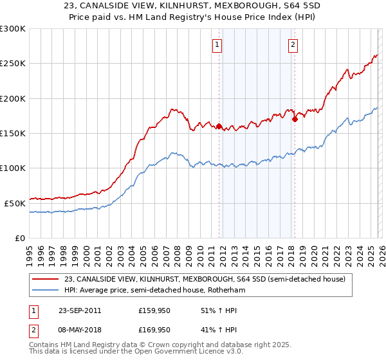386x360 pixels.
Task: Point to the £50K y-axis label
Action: coord(15,203)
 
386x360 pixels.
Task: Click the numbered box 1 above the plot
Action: coord(217,45)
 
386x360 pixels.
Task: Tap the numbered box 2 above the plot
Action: coord(293,45)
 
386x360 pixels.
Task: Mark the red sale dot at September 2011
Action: coord(219,127)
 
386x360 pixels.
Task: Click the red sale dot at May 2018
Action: coord(295,119)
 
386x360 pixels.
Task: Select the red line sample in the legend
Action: coord(46,279)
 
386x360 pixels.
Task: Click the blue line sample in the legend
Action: coord(46,290)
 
